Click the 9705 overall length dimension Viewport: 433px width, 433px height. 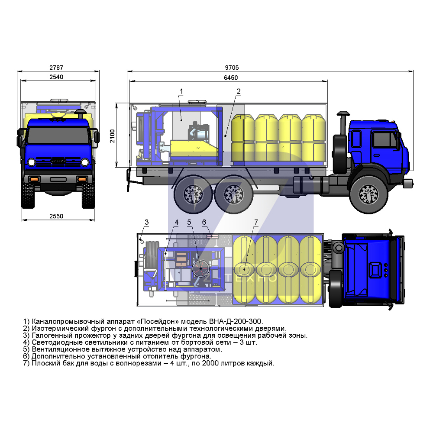232,68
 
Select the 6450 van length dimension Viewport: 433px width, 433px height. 231,78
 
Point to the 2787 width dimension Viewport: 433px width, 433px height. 56,68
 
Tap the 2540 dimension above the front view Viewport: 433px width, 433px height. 56,77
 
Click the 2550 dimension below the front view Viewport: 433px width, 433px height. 56,216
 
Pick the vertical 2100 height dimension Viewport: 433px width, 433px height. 113,136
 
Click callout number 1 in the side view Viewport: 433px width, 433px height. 181,91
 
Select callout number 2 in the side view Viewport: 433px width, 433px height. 239,91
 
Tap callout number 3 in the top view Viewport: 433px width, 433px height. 147,222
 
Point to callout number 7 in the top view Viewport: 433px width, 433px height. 256,222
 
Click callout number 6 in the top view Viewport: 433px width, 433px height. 204,222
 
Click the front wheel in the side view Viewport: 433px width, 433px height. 369,194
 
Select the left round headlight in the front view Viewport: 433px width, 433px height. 32,162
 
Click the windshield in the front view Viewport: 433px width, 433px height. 58,135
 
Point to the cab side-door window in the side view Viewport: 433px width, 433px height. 383,139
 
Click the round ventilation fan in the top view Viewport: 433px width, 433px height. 201,268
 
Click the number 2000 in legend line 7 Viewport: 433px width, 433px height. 210,363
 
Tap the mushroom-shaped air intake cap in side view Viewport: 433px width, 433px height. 343,113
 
